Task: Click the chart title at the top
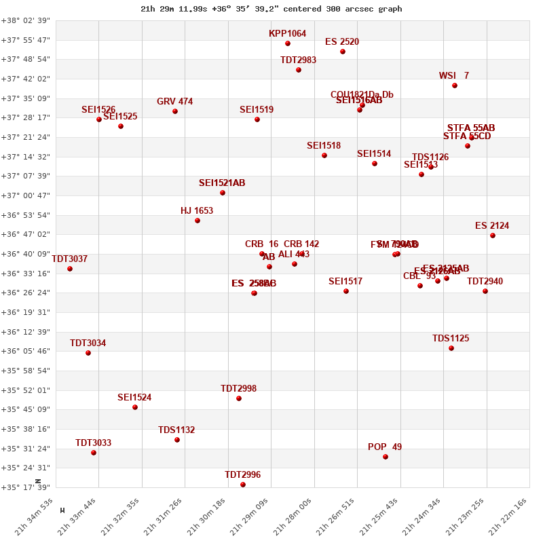271,9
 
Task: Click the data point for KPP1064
288,43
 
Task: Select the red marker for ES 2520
343,52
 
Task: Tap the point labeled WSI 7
455,86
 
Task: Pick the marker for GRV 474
175,111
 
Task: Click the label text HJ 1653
197,210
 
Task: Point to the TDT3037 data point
70,269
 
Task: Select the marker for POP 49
386,457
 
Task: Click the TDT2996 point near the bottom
243,485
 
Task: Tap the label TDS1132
176,430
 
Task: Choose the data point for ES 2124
493,236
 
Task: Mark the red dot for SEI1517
346,291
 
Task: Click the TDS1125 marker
451,348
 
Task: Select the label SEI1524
134,397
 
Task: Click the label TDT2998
238,388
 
